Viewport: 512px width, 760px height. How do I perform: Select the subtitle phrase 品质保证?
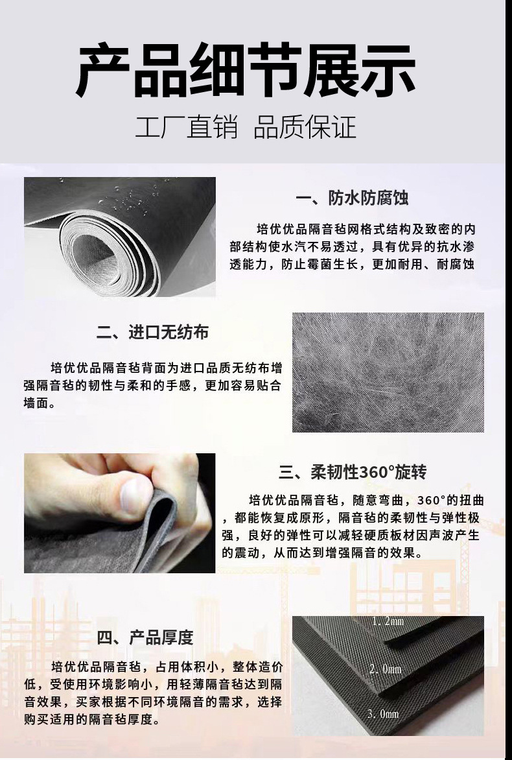click(x=305, y=127)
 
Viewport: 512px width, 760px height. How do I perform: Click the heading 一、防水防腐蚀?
click(x=352, y=198)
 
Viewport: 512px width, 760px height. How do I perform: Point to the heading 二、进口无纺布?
click(x=153, y=333)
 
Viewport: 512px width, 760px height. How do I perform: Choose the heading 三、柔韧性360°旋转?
click(x=353, y=471)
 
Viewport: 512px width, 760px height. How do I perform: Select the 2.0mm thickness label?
click(x=385, y=669)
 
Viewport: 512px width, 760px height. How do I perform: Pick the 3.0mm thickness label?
click(x=383, y=714)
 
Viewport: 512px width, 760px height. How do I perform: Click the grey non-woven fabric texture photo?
click(x=388, y=372)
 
